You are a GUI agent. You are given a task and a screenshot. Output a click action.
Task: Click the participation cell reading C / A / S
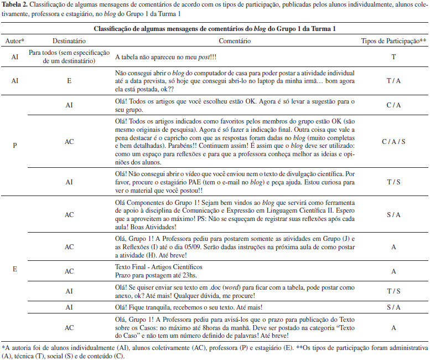coord(393,142)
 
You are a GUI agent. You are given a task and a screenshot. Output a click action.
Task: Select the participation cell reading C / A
coord(393,105)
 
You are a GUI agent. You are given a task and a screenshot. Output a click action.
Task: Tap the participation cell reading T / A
coord(393,80)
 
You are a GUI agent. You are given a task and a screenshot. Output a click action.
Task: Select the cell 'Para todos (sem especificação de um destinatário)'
coord(69,56)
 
